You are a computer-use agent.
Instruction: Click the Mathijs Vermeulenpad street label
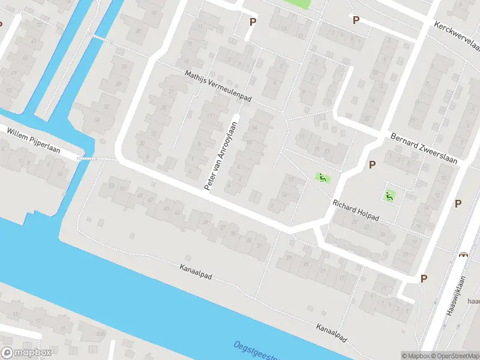pos(217,86)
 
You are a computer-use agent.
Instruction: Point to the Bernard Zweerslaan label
pos(423,148)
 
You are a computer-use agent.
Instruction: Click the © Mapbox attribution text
pos(416,356)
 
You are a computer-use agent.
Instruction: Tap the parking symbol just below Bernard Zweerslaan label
pos(372,164)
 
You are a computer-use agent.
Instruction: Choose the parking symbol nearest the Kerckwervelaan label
pos(356,20)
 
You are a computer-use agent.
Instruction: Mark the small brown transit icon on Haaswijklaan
pos(463,254)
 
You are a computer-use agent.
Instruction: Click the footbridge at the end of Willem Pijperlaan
pos(86,158)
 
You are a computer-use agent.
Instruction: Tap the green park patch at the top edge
pos(298,3)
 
